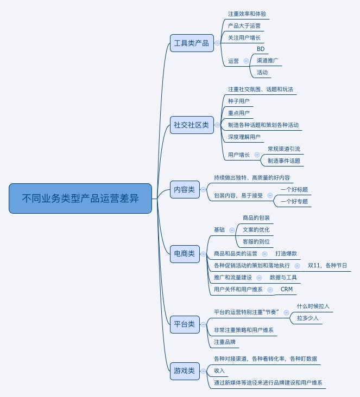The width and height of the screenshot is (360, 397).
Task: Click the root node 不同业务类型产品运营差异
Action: click(x=80, y=198)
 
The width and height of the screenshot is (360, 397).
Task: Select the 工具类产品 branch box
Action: click(x=191, y=43)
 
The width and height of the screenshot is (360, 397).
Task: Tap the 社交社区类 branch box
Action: click(x=191, y=125)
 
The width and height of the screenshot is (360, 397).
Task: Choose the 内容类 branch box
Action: click(x=184, y=189)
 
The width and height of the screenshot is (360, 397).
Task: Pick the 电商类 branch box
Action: click(x=184, y=253)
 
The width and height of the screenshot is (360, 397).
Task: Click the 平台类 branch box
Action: click(x=184, y=324)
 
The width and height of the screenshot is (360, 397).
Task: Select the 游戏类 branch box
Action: click(x=184, y=371)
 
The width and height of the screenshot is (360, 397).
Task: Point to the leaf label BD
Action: click(x=261, y=49)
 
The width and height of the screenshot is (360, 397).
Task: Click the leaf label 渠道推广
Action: click(x=268, y=61)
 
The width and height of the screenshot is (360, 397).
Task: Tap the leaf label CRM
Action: click(x=287, y=290)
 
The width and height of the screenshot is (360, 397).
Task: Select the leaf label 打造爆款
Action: click(x=286, y=253)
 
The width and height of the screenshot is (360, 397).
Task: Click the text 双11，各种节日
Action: click(x=327, y=266)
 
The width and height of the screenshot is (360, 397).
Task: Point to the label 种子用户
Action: click(x=239, y=101)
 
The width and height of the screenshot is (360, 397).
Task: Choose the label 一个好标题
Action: click(x=294, y=189)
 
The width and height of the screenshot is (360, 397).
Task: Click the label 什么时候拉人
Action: click(x=313, y=306)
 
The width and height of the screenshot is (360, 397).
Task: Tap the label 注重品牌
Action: click(x=225, y=342)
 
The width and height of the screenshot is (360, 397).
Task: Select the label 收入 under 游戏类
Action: click(x=219, y=370)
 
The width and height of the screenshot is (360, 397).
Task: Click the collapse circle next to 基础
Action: click(x=232, y=230)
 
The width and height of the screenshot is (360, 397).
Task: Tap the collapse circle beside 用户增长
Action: click(x=257, y=155)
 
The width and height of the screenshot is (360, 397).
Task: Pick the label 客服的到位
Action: click(x=256, y=241)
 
